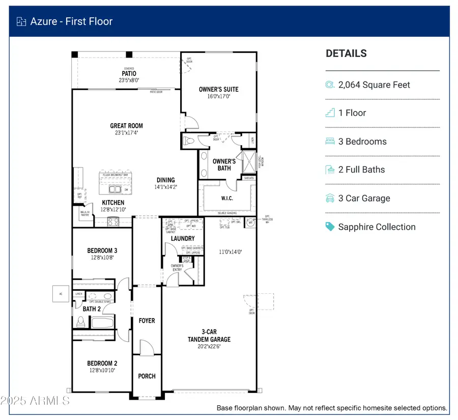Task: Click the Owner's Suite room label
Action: coord(218,89)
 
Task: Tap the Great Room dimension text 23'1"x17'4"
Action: coord(127,133)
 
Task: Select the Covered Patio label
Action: coord(129,73)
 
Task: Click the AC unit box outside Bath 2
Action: coord(60,294)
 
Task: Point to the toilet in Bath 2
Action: coord(80,322)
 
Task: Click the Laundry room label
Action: coord(183,238)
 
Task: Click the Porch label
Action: coord(147,376)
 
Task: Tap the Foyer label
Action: coord(147,321)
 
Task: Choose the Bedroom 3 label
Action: coord(102,250)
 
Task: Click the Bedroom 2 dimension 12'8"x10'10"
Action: coord(102,370)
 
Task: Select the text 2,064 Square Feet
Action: coord(374,85)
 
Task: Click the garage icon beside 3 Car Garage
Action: coord(330,198)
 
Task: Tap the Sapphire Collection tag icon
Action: coord(330,227)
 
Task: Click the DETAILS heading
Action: coord(346,53)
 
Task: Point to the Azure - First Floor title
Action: coord(71,21)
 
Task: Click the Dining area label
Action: coord(166,180)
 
